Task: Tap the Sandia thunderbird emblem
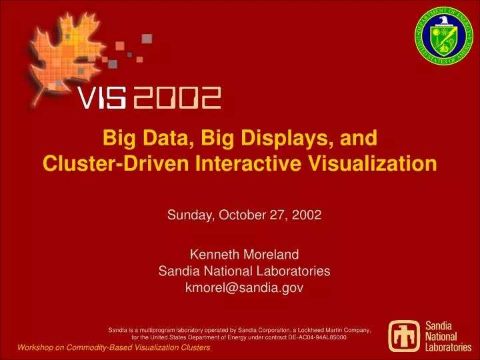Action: pyautogui.click(x=406, y=338)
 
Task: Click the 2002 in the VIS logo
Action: pyautogui.click(x=177, y=99)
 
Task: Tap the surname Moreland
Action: pyautogui.click(x=269, y=254)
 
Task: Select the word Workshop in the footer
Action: pyautogui.click(x=37, y=348)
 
